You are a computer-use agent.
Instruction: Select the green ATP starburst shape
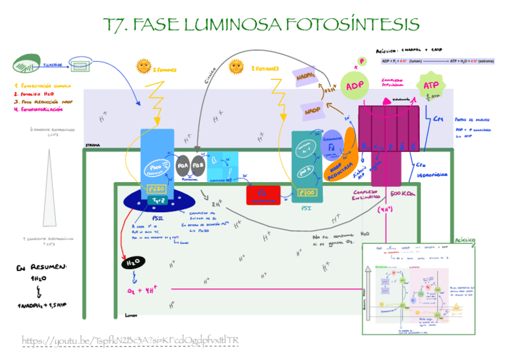pyautogui.click(x=431, y=86)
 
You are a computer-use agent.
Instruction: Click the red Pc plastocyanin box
pyautogui.click(x=262, y=195)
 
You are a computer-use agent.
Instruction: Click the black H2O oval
pyautogui.click(x=132, y=263)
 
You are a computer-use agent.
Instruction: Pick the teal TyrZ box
pyautogui.click(x=158, y=201)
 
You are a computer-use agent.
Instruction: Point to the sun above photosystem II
pyautogui.click(x=144, y=66)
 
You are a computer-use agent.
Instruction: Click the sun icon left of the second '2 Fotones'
pyautogui.click(x=236, y=66)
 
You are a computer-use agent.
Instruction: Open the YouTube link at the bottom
pyautogui.click(x=131, y=341)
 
